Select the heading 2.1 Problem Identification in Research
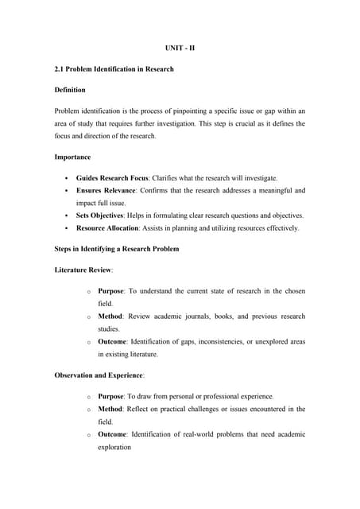(x=114, y=69)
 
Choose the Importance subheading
(x=72, y=157)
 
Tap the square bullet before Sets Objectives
(x=63, y=216)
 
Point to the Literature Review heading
(x=88, y=270)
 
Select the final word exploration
(x=118, y=447)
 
